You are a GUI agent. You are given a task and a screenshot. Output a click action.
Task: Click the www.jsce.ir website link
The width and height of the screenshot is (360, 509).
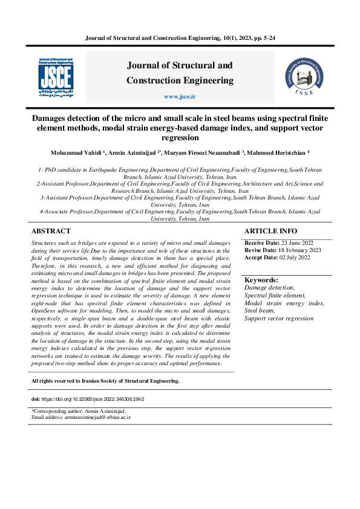(x=180, y=97)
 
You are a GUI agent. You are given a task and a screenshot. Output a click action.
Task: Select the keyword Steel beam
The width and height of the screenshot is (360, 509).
(x=259, y=310)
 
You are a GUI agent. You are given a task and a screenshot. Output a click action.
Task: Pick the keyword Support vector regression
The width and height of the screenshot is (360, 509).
(x=279, y=318)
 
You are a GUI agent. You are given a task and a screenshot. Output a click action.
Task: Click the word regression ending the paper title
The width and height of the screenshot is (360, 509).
(x=180, y=138)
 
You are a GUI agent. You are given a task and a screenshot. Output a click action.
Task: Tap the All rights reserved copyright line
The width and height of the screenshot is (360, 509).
(x=105, y=381)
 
